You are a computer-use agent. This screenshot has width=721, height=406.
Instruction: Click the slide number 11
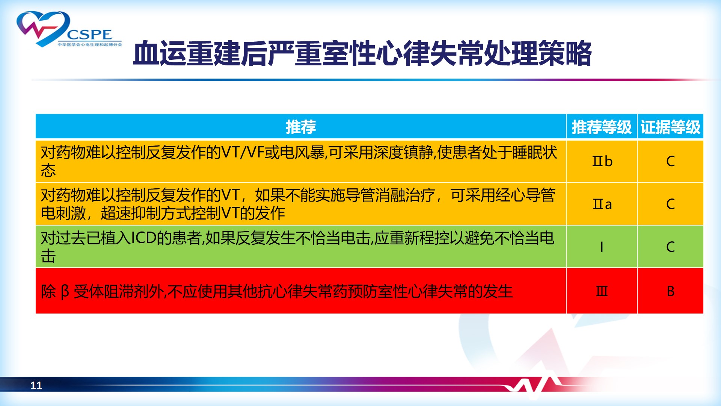coord(36,385)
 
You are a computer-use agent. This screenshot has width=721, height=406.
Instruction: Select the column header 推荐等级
coord(602,127)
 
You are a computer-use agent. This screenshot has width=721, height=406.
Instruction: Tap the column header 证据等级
coord(670,127)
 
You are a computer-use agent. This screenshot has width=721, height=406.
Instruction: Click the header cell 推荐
coord(301,127)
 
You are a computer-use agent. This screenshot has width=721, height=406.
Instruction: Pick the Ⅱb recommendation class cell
coord(602,161)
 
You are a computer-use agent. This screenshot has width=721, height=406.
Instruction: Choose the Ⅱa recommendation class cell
coord(602,204)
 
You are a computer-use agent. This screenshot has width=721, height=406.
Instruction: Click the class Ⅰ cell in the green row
coord(602,247)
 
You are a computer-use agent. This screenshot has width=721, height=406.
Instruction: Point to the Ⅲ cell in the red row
coord(602,291)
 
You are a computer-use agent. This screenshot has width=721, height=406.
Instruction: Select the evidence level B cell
coord(670,291)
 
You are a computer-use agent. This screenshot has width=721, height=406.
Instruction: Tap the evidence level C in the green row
coord(670,247)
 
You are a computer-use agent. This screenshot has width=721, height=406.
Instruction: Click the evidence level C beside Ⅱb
coord(670,161)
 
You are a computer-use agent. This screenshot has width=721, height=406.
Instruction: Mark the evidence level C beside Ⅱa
coord(670,204)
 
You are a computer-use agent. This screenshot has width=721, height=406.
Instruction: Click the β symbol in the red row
coord(65,292)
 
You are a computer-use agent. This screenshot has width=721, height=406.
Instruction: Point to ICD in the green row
coord(143,238)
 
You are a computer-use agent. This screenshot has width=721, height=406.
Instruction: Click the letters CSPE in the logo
coord(90,35)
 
